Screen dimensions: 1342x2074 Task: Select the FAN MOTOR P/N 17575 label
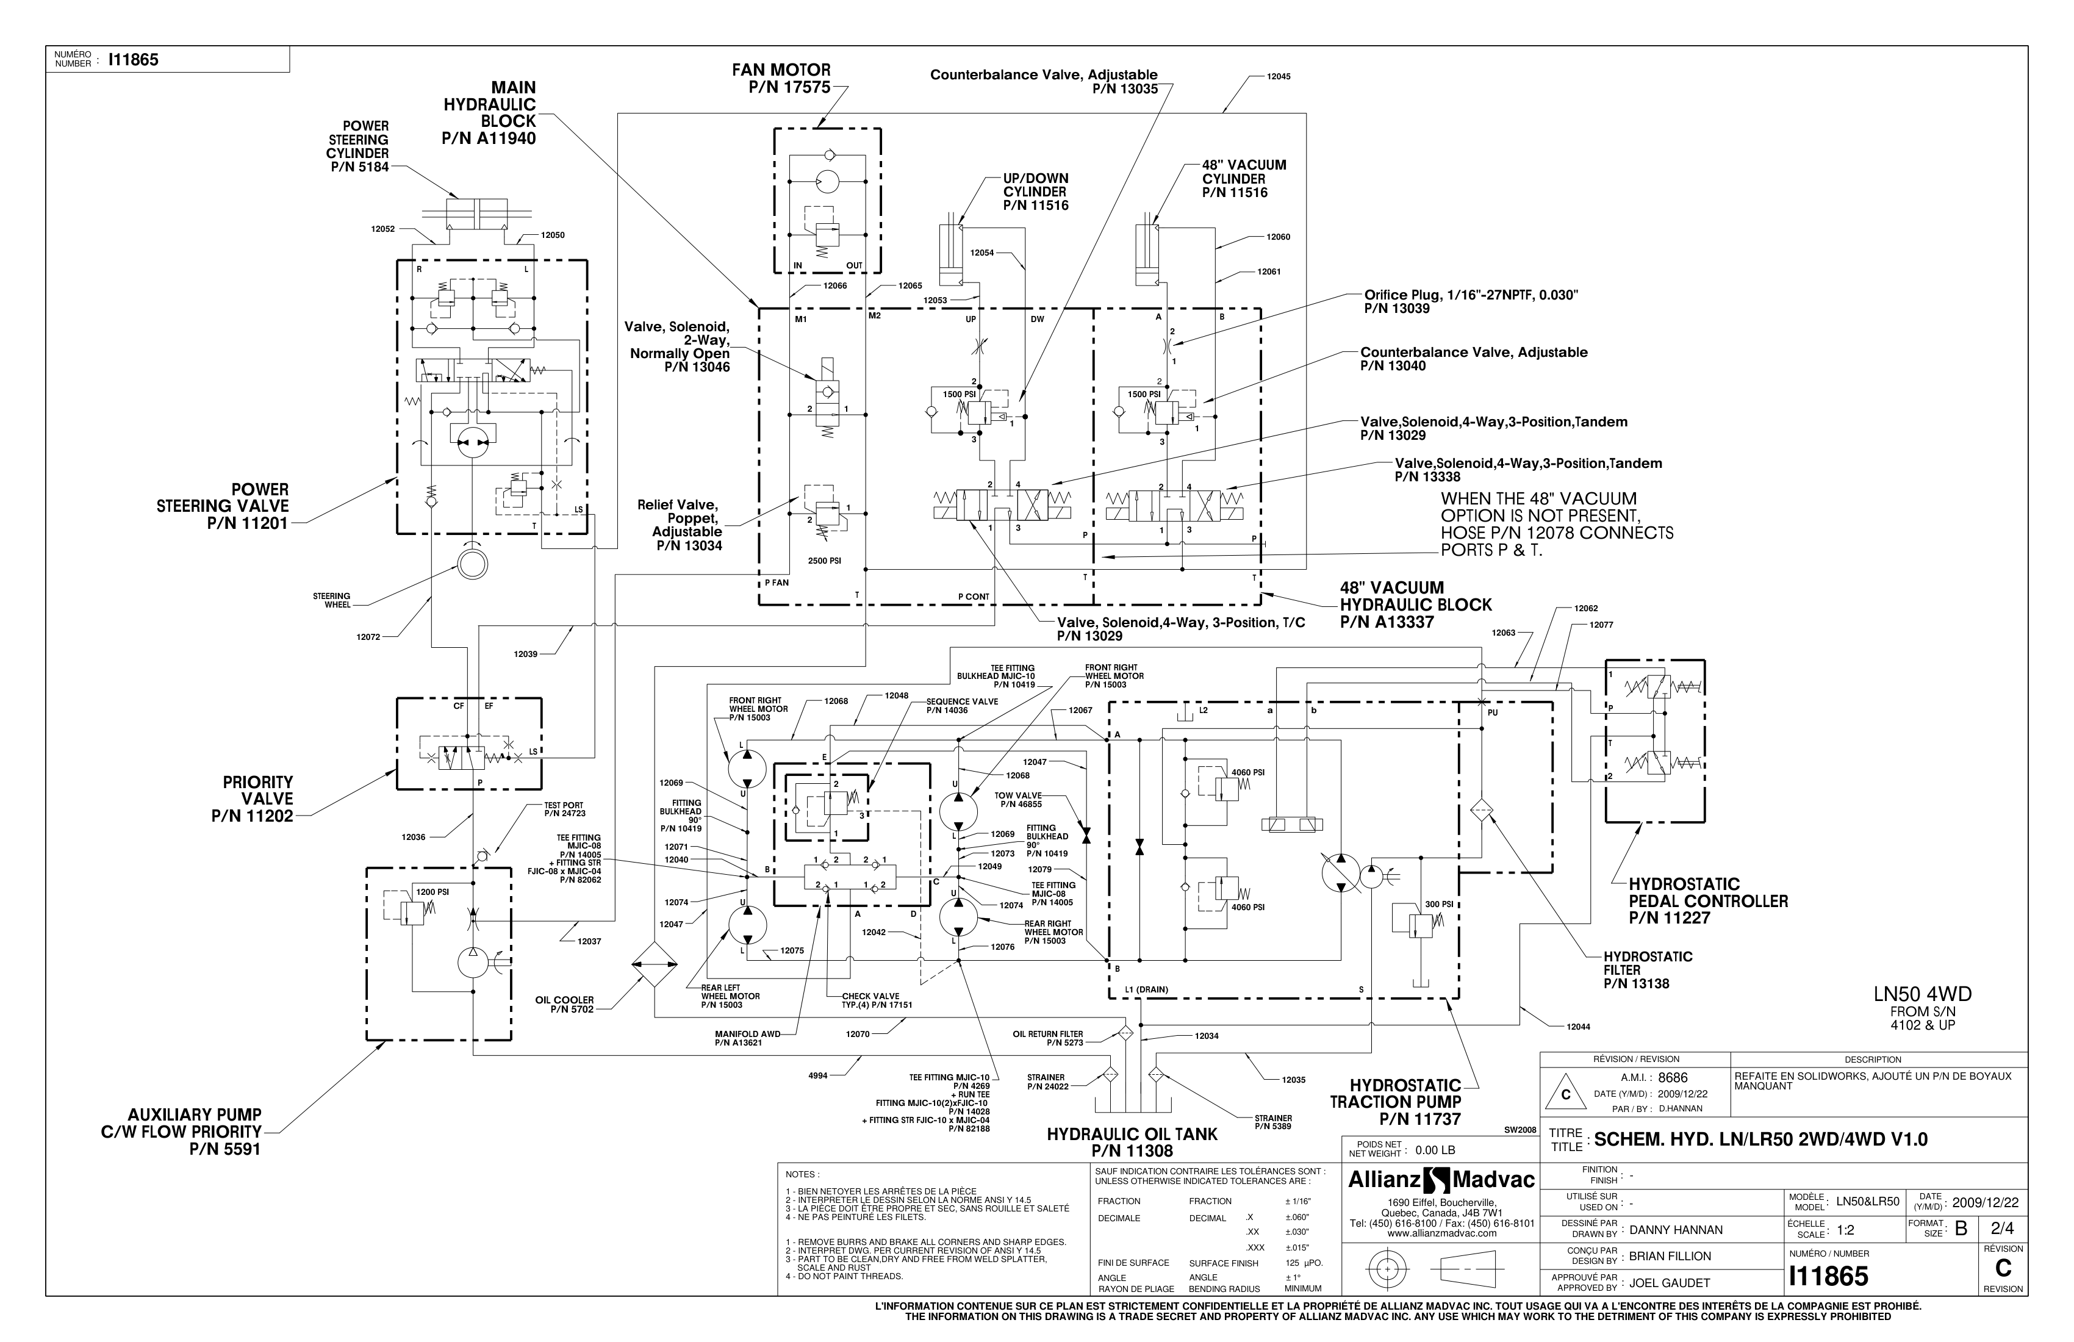[781, 79]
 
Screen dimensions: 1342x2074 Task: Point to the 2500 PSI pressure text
[823, 561]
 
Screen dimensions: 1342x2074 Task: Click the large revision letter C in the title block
[2003, 1269]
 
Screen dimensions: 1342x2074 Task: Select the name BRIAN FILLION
[1670, 1256]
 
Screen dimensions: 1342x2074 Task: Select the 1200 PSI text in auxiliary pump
[432, 892]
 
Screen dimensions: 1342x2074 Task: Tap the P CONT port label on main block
[974, 597]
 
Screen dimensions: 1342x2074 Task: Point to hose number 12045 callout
[1279, 77]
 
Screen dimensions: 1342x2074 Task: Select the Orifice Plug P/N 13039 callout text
[1470, 301]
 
